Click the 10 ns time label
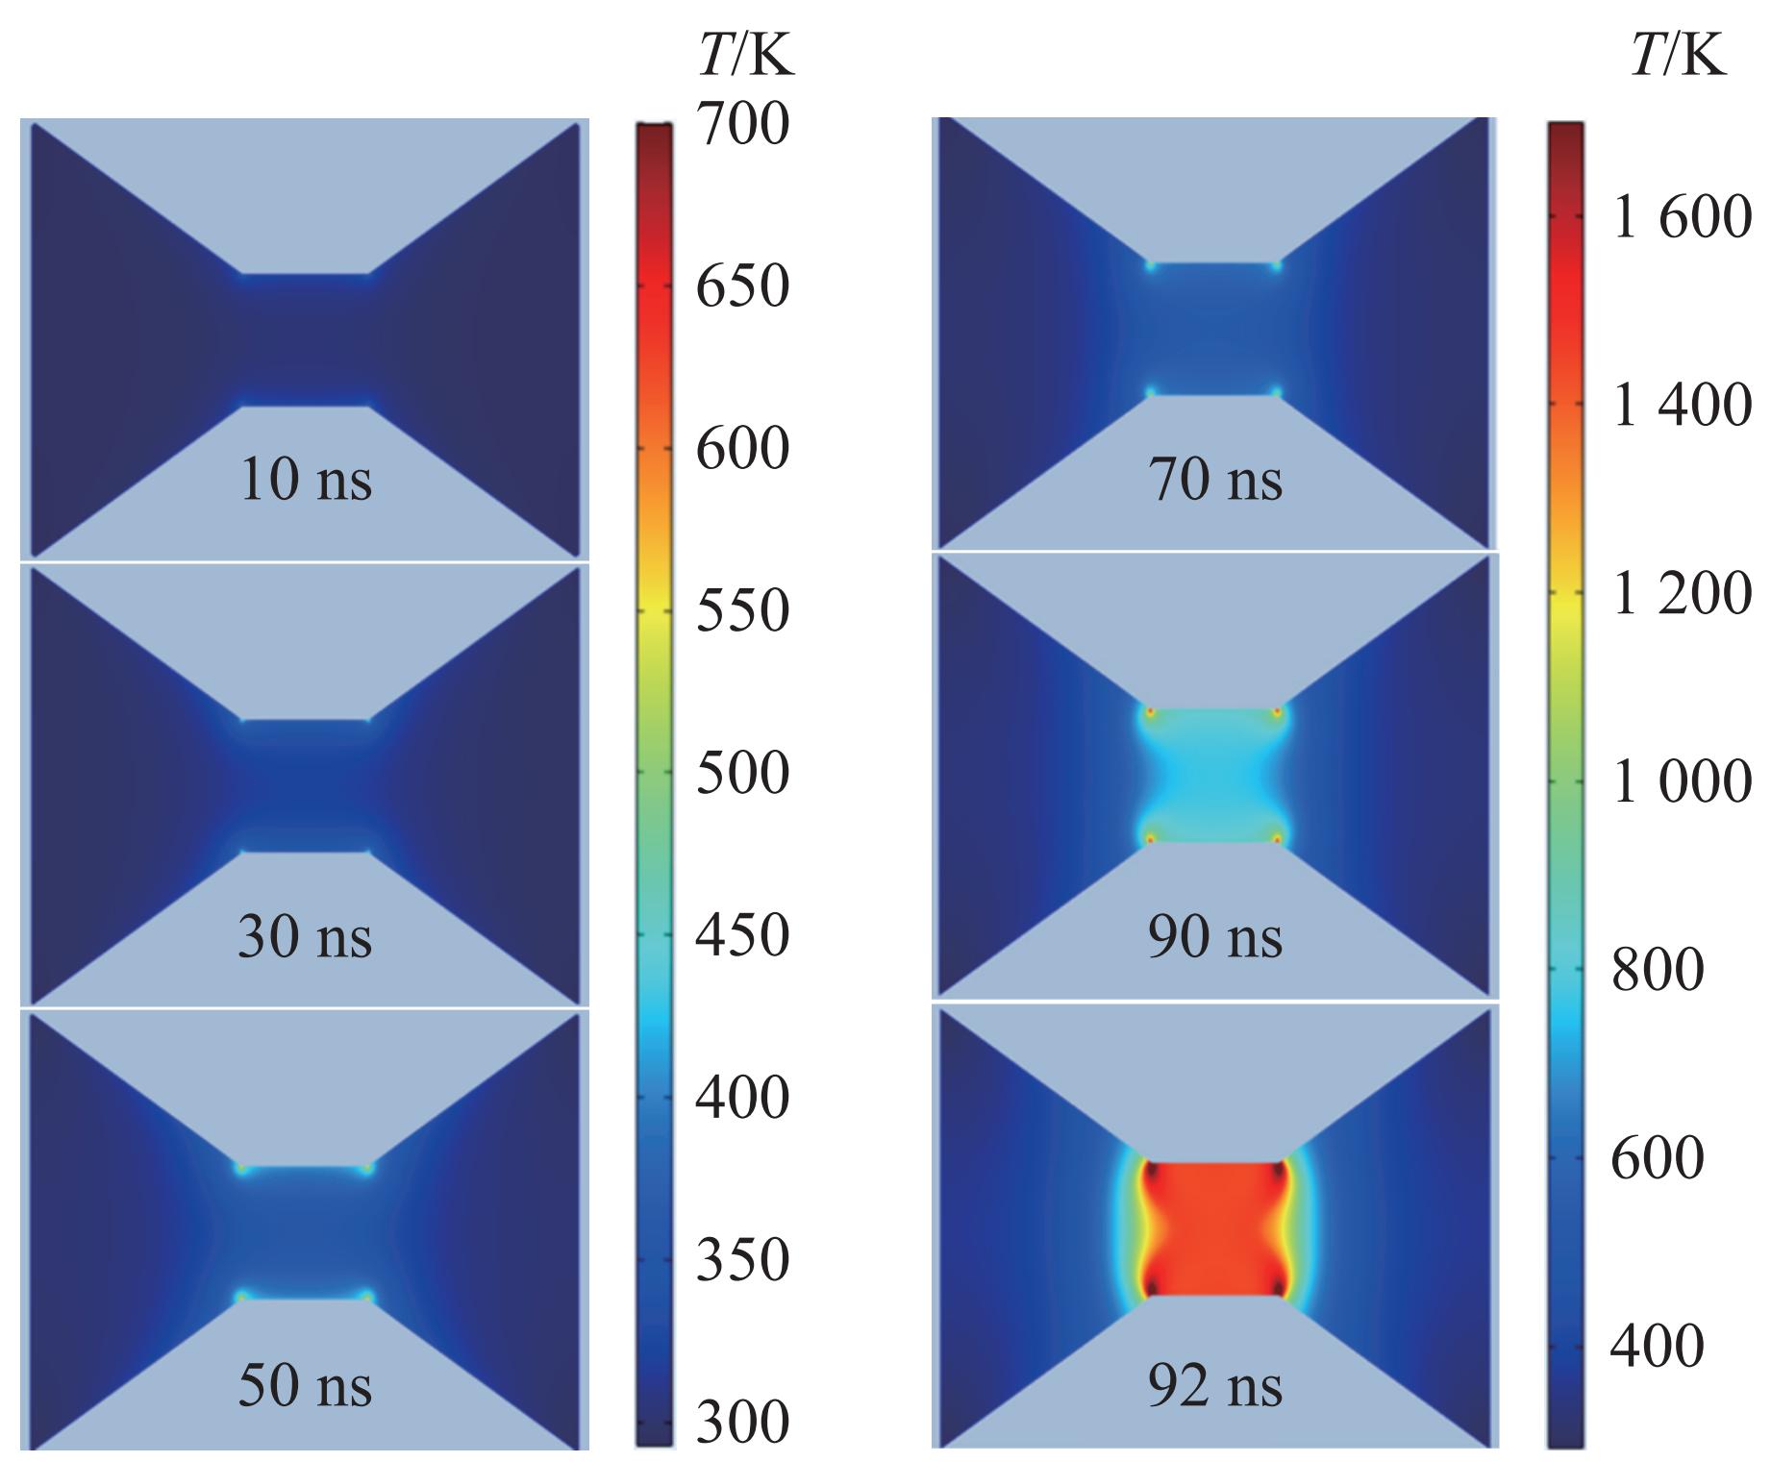[304, 480]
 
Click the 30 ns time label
[304, 937]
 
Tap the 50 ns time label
[304, 1386]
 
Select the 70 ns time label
[1214, 480]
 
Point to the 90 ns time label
[1214, 937]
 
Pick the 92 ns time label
[1214, 1386]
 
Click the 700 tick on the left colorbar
[742, 124]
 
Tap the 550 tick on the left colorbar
[742, 610]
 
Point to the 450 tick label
[742, 935]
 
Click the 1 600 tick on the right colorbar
[1682, 217]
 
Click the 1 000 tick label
[1682, 781]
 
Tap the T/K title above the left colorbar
[746, 57]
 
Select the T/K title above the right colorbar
[1678, 57]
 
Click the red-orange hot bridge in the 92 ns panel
[1213, 1228]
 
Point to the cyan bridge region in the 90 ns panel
[1213, 776]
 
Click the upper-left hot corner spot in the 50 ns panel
[241, 1170]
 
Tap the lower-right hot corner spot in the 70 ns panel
[1277, 392]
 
